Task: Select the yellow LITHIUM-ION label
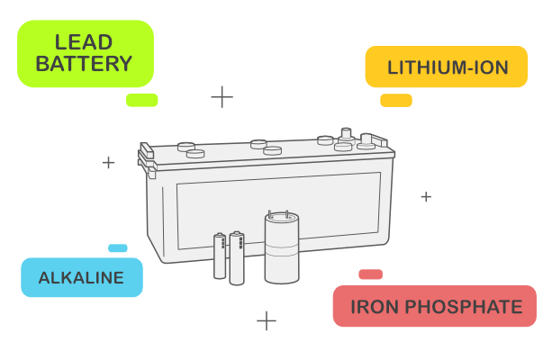(447, 67)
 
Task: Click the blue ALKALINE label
(81, 277)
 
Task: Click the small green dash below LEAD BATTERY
(141, 100)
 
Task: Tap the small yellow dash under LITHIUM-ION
(395, 100)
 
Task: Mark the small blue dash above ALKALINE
(117, 248)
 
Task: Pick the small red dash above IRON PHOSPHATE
(370, 274)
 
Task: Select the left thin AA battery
(219, 256)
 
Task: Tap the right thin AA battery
(236, 257)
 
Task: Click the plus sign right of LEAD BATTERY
(222, 96)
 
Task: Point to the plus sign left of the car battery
(108, 163)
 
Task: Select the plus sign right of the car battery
(426, 196)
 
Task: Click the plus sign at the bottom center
(266, 320)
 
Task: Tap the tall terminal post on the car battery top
(345, 137)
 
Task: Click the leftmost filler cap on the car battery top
(186, 146)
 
